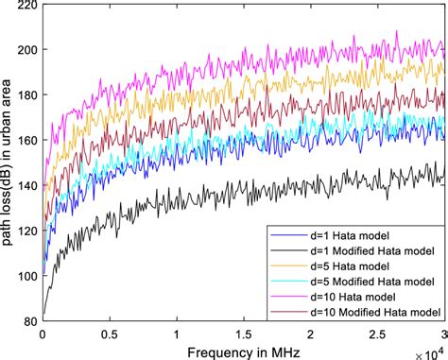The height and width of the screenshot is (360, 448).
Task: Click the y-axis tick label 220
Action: point(24,6)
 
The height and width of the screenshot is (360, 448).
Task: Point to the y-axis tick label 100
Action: point(24,276)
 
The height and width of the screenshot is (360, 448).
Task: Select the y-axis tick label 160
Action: point(24,141)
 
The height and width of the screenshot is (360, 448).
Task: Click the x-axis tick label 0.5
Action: point(109,334)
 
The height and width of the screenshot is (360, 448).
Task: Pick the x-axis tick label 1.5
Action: point(243,334)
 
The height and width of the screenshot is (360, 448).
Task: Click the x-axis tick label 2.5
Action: point(376,334)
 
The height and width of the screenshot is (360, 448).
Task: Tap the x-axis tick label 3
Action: point(442,334)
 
